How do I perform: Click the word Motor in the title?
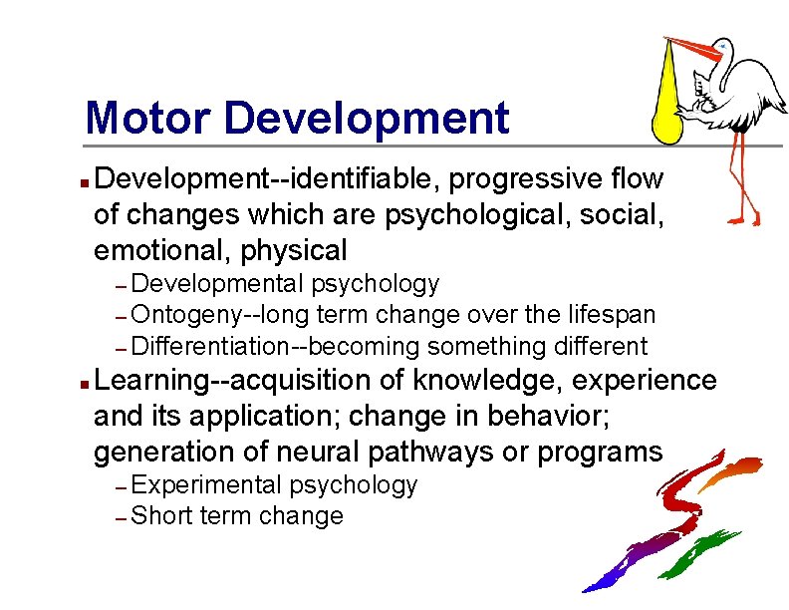click(x=148, y=118)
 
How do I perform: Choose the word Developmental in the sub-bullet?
click(x=217, y=284)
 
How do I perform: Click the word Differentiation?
click(x=206, y=347)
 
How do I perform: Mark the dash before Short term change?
click(x=119, y=518)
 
